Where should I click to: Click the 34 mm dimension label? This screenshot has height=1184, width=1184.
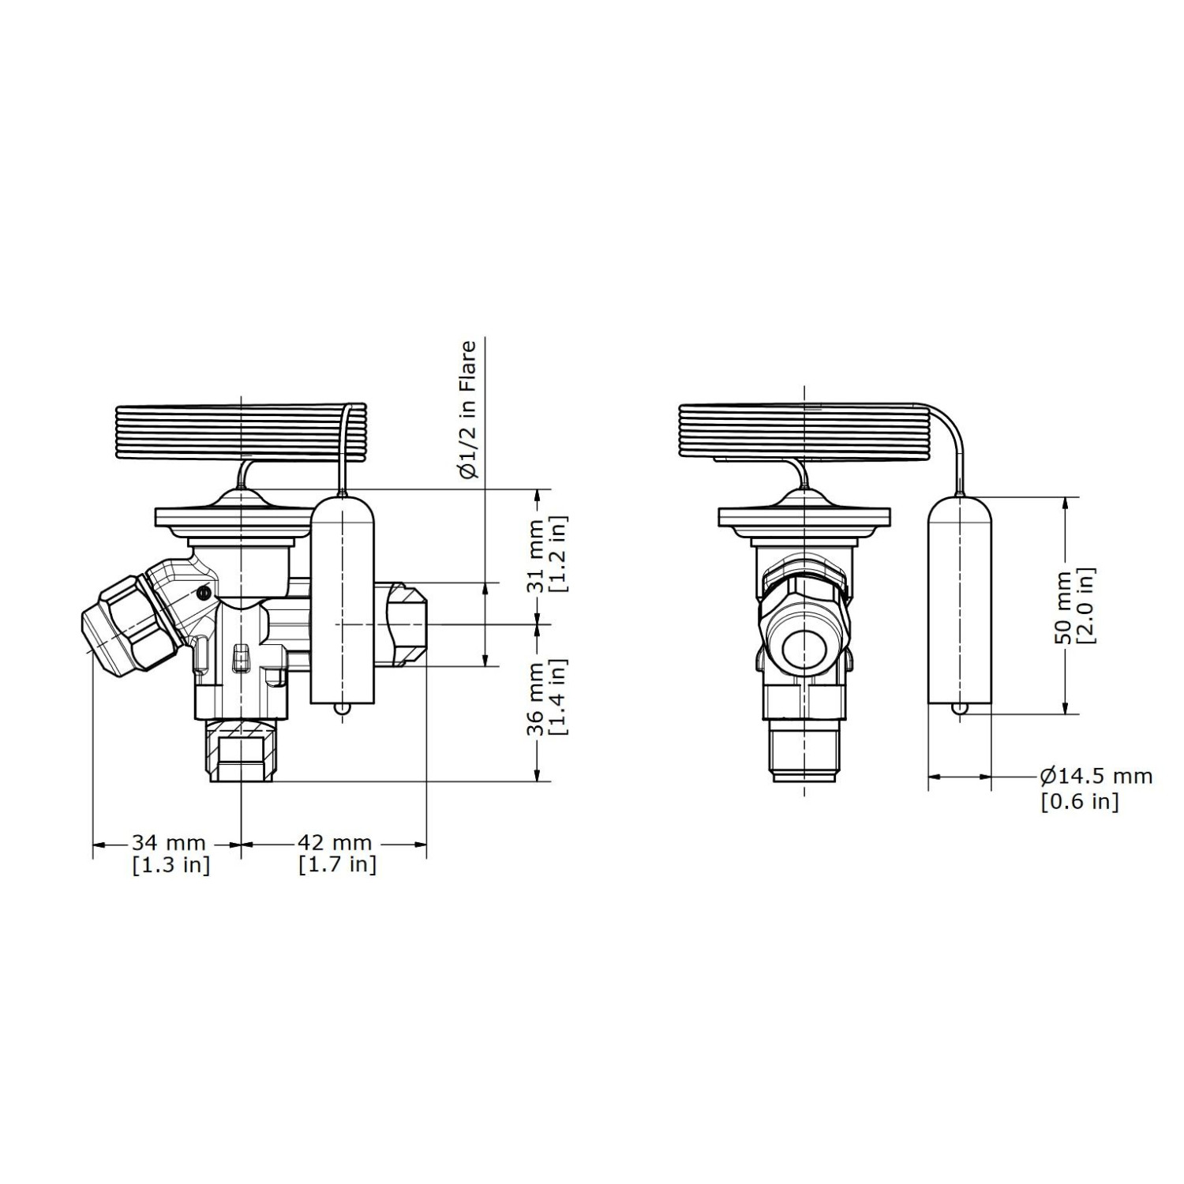[x=168, y=844]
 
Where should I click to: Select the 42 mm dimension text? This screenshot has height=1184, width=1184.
[x=335, y=844]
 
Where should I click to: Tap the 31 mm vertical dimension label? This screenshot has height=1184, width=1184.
[x=538, y=555]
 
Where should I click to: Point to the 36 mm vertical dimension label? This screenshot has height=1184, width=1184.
[x=538, y=697]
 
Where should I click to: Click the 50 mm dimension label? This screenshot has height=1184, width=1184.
[x=1063, y=605]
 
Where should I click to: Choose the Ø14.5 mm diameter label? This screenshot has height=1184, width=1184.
[x=1096, y=777]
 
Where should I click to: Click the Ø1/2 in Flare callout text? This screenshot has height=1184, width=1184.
[x=469, y=410]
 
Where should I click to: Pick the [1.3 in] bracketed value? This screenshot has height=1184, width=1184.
[x=171, y=865]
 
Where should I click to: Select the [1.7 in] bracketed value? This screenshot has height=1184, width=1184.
[x=338, y=865]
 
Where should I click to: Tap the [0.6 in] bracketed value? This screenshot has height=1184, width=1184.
[x=1080, y=801]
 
